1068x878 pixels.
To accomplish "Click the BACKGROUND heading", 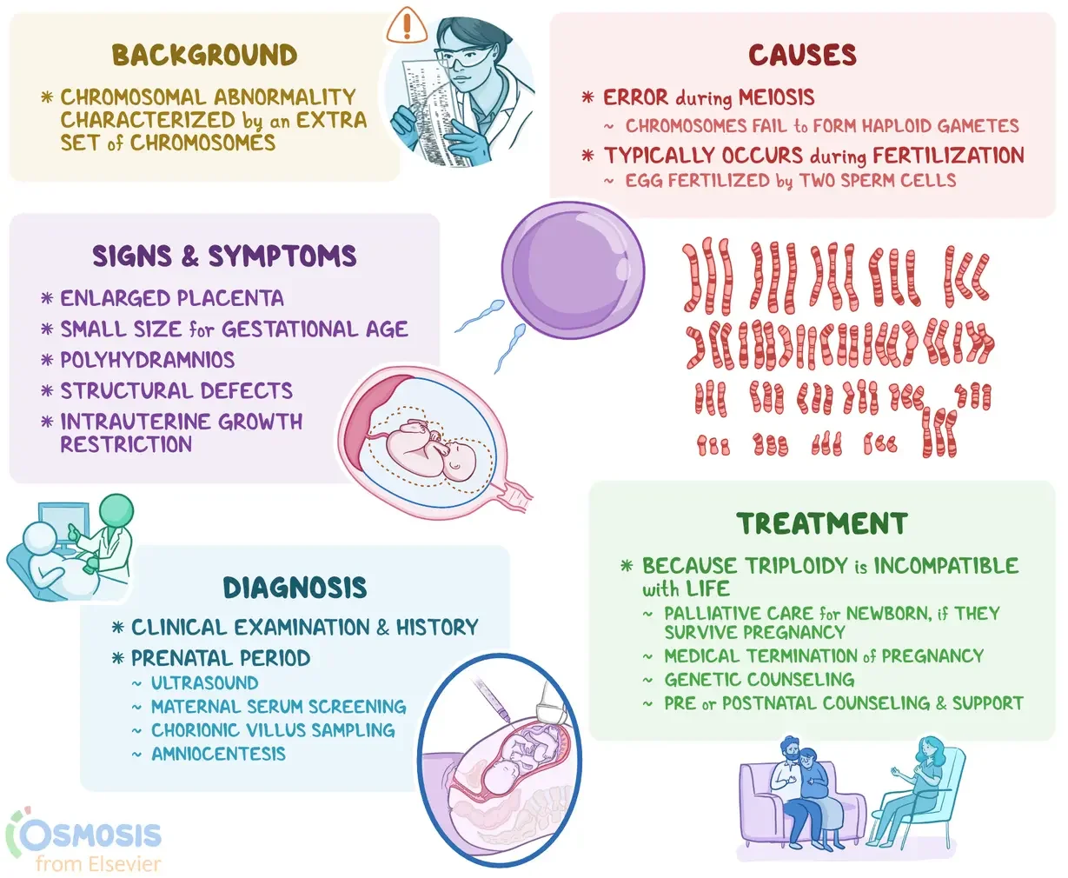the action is coord(204,56).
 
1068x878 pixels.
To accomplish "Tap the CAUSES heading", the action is coord(802,56).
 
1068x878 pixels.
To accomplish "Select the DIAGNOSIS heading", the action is coord(295,588).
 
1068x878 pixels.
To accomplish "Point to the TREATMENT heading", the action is coord(822,524).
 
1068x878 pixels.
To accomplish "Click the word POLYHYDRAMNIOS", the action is coord(148,360).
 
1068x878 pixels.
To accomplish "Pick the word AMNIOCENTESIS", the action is coord(218,754).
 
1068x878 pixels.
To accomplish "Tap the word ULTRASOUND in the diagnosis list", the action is coord(205,683).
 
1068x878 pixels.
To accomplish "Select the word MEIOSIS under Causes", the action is coord(777,97).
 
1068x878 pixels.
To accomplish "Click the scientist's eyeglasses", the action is coord(457,60).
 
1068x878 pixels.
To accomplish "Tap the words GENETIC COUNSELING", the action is coord(759,680).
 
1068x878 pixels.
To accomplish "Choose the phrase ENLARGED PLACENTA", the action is coord(172,298).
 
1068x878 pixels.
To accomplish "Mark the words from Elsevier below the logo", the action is coord(98,864).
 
